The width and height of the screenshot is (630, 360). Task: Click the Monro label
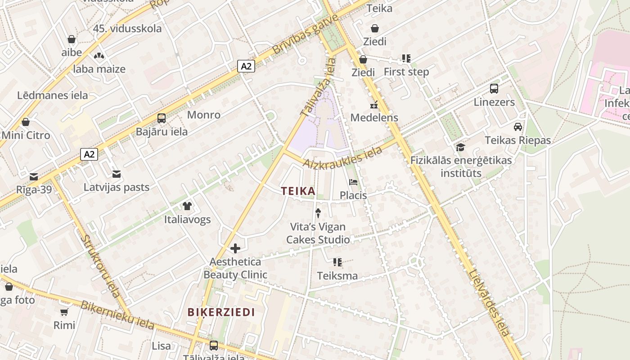pyautogui.click(x=204, y=115)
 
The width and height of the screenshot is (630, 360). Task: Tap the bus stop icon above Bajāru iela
pyautogui.click(x=162, y=118)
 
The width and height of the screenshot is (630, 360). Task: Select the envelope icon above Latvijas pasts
pyautogui.click(x=117, y=174)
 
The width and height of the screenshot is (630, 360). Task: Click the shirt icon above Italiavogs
pyautogui.click(x=187, y=206)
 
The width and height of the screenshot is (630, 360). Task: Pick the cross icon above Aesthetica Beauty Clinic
pyautogui.click(x=235, y=248)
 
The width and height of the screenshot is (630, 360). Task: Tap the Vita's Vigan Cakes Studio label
pyautogui.click(x=318, y=233)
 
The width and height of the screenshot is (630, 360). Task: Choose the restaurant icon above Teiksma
pyautogui.click(x=337, y=262)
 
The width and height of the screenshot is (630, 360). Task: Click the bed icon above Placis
pyautogui.click(x=353, y=182)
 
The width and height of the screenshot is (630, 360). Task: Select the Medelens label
pyautogui.click(x=374, y=117)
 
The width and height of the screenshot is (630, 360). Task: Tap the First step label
pyautogui.click(x=406, y=72)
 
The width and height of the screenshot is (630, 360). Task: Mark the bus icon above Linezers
pyautogui.click(x=494, y=88)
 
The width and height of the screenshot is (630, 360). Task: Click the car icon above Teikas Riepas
pyautogui.click(x=518, y=127)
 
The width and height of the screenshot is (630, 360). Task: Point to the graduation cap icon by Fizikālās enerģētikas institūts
pyautogui.click(x=460, y=147)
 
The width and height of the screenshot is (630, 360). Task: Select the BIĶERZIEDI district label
pyautogui.click(x=221, y=312)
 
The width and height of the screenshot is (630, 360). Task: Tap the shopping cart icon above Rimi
pyautogui.click(x=64, y=312)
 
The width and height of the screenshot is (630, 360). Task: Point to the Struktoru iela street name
pyautogui.click(x=101, y=265)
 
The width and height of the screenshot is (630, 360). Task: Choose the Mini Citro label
pyautogui.click(x=26, y=135)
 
